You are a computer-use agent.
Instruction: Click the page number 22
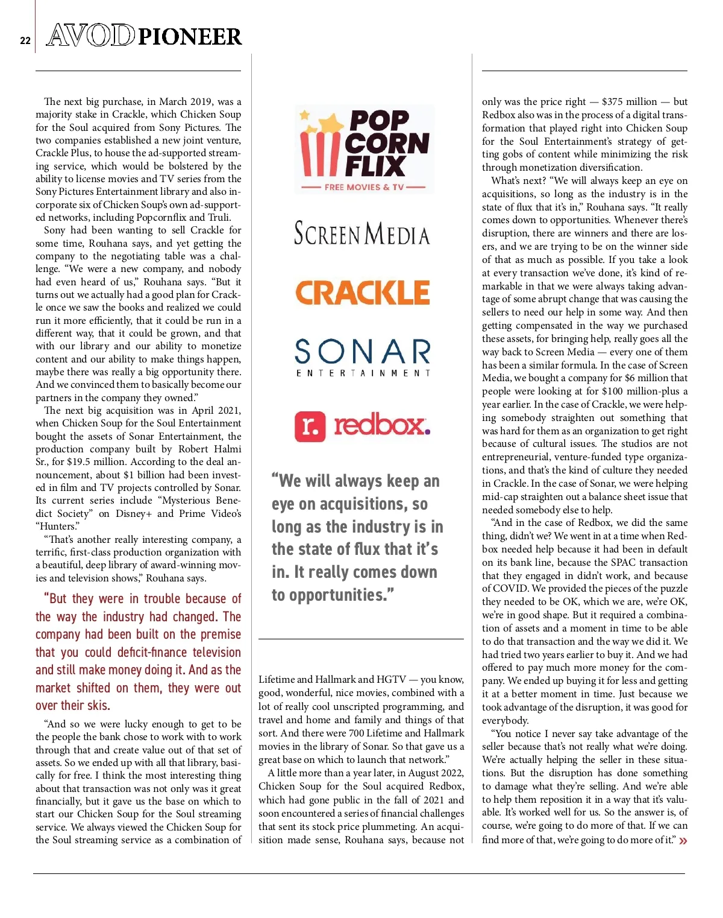coord(25,40)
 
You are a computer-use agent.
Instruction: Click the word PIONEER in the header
coord(190,37)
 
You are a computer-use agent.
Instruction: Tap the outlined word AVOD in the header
coord(90,36)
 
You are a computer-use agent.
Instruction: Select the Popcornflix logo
coord(365,149)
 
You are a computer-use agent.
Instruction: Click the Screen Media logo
coord(361,233)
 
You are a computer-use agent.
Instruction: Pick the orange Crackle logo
coord(362,293)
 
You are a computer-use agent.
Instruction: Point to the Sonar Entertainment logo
coord(363,356)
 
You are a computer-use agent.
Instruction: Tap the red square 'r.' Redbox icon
coord(310,426)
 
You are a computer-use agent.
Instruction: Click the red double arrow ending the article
coord(683,841)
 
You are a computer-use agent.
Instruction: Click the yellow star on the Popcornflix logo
coord(305,115)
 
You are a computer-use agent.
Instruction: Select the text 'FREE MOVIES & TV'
coord(364,187)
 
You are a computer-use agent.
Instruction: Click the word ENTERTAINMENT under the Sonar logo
coord(363,373)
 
